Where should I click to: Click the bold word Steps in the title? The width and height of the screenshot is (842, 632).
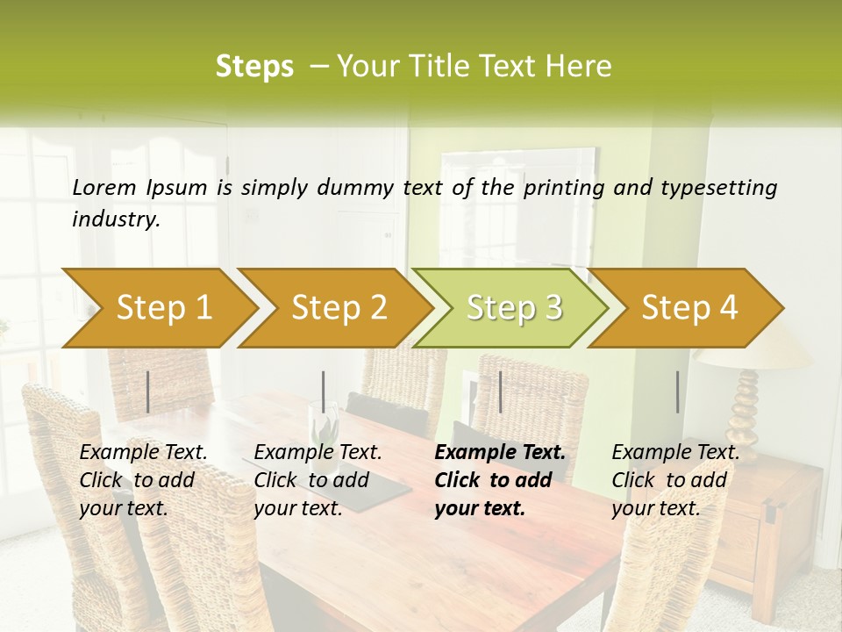pos(254,67)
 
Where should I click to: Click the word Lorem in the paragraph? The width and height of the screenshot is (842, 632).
pos(104,187)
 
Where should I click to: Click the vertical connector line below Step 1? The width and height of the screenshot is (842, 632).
pos(148,391)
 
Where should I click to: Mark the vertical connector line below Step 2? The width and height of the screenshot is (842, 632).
pos(324,391)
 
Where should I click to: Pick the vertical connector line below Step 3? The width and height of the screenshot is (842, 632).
pos(501,391)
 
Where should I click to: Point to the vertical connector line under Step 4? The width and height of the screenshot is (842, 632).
pos(678,391)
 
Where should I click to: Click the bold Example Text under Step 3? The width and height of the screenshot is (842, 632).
pos(500,452)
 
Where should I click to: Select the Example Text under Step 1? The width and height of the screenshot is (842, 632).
pos(143,452)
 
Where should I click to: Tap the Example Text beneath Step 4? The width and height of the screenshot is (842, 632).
pos(675,452)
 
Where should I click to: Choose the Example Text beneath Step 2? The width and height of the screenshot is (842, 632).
pos(318,452)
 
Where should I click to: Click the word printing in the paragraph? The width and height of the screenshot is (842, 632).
pos(561,187)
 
